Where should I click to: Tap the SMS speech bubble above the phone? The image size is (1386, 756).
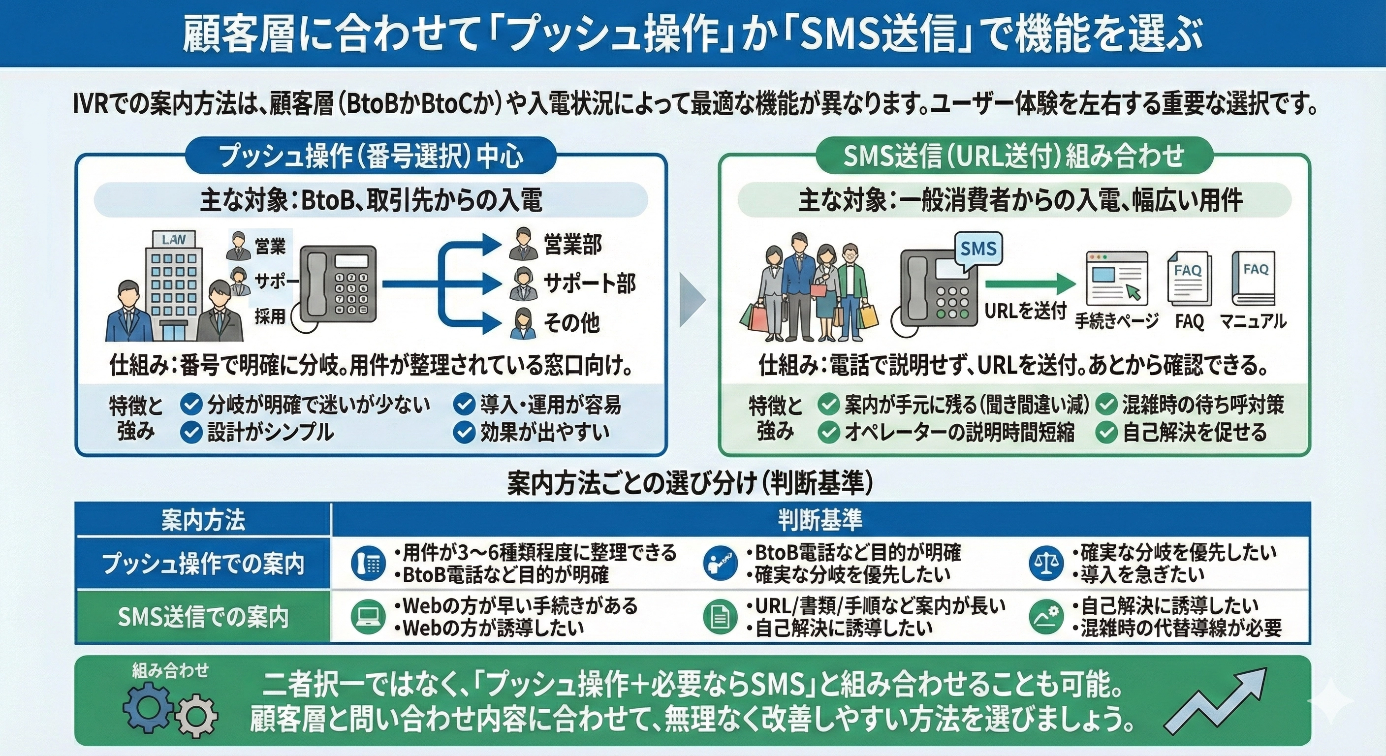coord(978,249)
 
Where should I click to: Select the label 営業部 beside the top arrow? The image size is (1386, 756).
coord(572,245)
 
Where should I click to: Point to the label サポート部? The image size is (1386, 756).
coord(590,283)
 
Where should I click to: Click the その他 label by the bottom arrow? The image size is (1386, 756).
coord(571,323)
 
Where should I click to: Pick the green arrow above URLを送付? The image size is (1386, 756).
coord(1030,284)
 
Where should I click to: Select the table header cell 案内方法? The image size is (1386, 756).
coord(203,520)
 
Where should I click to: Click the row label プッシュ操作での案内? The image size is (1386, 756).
coord(203,564)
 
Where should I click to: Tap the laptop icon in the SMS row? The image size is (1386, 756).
coord(368,617)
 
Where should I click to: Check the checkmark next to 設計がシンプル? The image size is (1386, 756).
coord(190,432)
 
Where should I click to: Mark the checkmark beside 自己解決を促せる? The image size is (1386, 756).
coord(1106,432)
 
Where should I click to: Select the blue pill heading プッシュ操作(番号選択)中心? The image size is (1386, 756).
coord(370,157)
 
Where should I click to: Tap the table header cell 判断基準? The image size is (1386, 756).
coord(819,520)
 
